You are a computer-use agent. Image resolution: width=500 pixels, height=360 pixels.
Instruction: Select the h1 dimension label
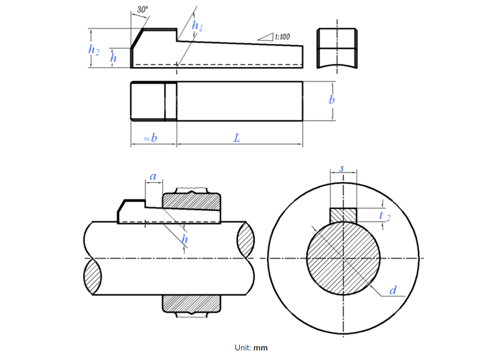click(x=197, y=26)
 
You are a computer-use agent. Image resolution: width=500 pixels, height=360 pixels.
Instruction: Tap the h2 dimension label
click(x=94, y=50)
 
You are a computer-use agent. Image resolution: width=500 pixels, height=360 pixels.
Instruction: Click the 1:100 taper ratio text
click(x=282, y=37)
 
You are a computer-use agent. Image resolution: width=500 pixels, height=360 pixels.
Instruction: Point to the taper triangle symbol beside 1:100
click(x=266, y=37)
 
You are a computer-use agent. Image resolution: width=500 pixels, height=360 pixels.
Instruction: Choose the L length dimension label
click(x=237, y=138)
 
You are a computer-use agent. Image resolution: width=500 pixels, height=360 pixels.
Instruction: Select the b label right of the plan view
click(x=332, y=100)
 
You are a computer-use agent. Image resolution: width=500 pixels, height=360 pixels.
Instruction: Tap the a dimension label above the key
click(x=153, y=177)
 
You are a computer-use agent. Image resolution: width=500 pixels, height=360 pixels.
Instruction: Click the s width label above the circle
click(x=342, y=168)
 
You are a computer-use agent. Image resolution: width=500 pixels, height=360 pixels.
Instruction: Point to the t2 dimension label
click(x=384, y=216)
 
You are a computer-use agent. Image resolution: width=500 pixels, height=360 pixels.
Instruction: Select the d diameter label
click(x=393, y=291)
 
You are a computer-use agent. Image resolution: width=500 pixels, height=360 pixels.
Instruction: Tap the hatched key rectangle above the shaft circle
click(x=343, y=215)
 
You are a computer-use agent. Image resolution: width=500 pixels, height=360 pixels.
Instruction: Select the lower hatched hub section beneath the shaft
click(x=192, y=304)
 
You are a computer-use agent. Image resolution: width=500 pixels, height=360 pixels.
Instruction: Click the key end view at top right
click(x=337, y=48)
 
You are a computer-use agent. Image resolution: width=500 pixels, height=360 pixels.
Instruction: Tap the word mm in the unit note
click(x=260, y=348)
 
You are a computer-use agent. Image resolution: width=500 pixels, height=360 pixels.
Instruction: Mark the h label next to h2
click(x=113, y=58)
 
